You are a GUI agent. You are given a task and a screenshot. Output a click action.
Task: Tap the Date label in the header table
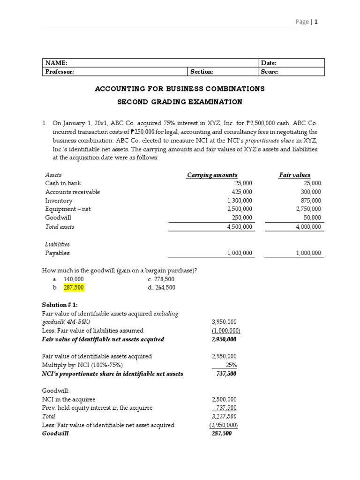[x=269, y=63]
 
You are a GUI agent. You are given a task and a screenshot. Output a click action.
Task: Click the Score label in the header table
[x=270, y=72]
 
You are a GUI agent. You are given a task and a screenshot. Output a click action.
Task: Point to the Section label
[x=202, y=72]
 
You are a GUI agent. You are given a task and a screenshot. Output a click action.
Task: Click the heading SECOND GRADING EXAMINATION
[x=180, y=102]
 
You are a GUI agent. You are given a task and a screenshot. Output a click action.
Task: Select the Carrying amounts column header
[x=212, y=175]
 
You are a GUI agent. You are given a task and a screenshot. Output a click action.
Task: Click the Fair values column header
[x=294, y=175]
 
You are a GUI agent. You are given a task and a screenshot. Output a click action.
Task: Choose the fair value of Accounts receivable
[x=311, y=192]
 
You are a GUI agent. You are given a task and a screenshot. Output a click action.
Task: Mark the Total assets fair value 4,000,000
[x=308, y=226]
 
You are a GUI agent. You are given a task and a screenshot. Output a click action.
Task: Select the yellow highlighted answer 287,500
[x=74, y=287]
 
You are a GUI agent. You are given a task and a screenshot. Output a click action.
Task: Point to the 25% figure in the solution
[x=231, y=365]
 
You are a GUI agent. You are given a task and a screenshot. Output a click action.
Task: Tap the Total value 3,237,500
[x=225, y=416]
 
